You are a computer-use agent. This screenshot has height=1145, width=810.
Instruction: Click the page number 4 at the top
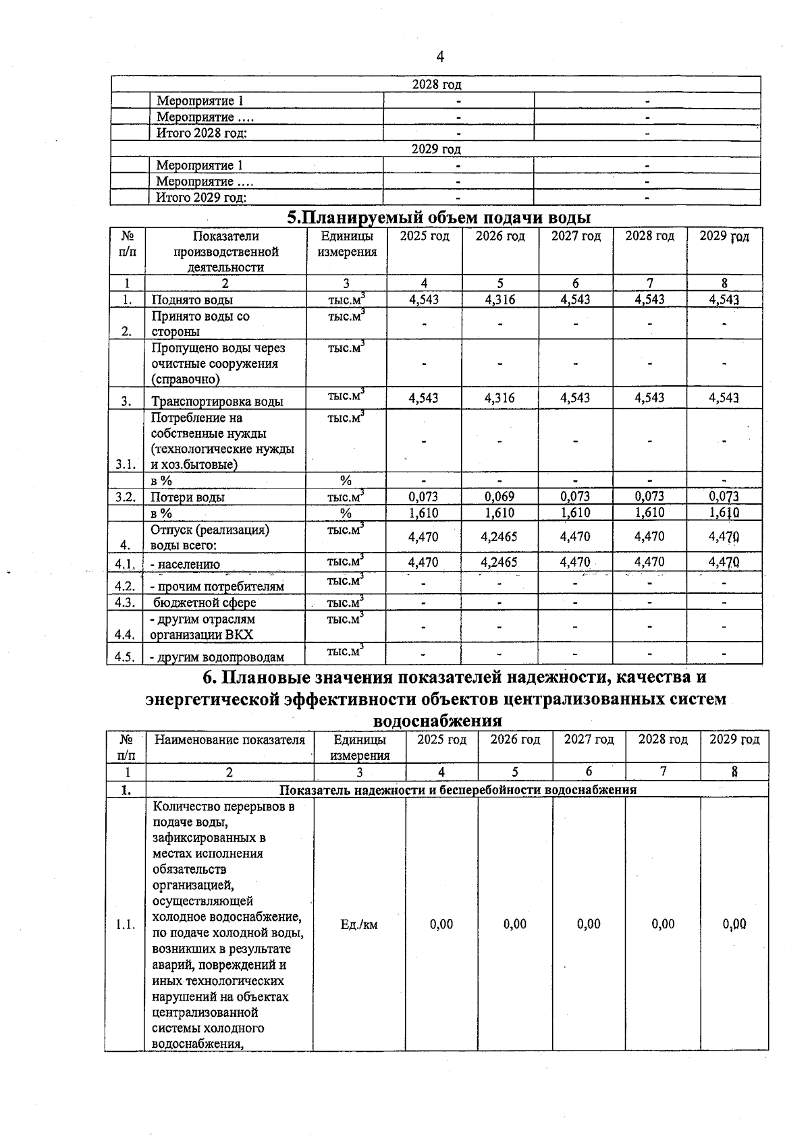point(440,57)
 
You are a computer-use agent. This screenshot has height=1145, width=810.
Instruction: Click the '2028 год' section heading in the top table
point(436,84)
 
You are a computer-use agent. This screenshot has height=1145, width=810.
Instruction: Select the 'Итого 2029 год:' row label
point(201,198)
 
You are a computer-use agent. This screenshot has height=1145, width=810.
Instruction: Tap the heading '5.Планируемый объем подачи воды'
point(439,218)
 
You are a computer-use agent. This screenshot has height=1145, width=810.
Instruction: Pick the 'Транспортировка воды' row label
point(217,401)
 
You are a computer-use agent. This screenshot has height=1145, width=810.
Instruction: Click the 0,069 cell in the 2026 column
point(500,497)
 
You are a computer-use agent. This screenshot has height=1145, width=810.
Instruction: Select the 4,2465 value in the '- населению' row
point(500,562)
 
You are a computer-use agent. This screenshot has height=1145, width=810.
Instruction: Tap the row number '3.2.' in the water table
point(126,497)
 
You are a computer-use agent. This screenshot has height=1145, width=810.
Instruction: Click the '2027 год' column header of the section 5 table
point(576,236)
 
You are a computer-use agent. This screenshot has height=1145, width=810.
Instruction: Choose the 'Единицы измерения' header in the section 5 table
point(347,244)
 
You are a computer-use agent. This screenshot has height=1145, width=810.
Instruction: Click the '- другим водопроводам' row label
point(217,657)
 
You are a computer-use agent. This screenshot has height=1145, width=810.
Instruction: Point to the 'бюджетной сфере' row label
point(205,603)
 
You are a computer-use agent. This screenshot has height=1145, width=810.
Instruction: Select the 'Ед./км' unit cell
point(359,924)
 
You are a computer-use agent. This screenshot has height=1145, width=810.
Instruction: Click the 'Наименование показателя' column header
point(230,740)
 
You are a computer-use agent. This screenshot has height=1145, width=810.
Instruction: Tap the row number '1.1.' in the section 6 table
point(125,924)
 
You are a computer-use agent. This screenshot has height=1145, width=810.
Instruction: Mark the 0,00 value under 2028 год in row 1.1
point(663,924)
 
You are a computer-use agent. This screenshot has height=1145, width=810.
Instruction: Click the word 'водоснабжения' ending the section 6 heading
point(437,721)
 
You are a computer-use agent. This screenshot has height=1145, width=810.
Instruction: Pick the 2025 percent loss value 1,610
point(424,513)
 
